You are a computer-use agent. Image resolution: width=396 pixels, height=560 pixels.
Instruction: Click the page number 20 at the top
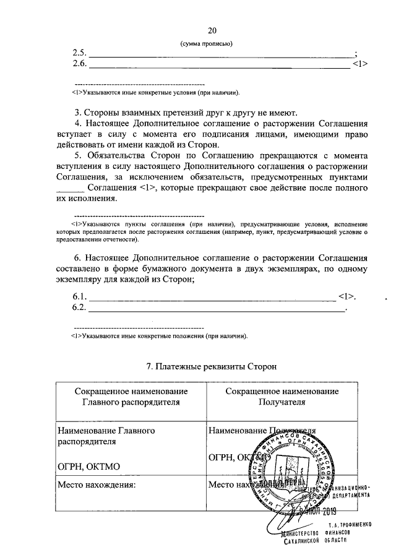213,31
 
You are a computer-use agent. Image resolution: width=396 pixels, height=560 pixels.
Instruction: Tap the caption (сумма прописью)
207,43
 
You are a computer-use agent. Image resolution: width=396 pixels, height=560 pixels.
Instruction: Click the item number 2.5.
80,53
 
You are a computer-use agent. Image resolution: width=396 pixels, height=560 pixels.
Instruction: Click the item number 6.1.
80,295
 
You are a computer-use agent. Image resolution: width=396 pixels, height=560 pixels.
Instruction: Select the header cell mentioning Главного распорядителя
131,396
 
